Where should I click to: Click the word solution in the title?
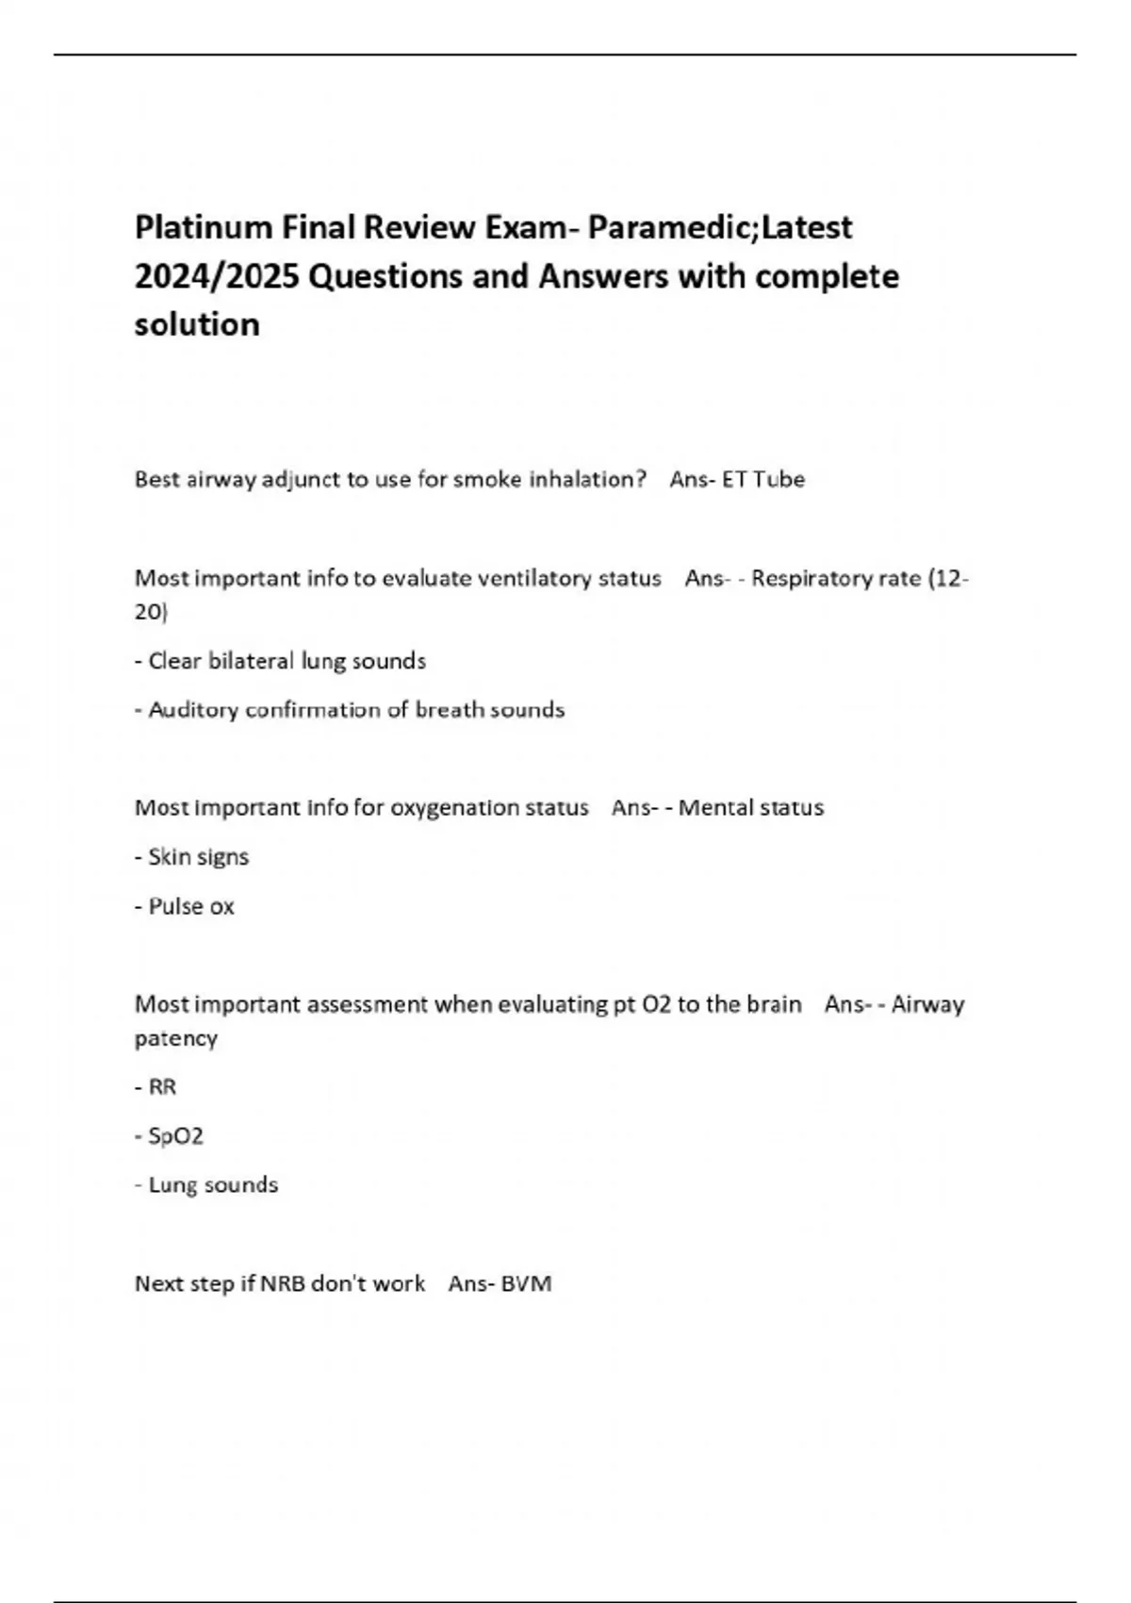[x=197, y=324]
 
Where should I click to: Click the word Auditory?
[x=193, y=710]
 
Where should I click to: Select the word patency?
[x=175, y=1038]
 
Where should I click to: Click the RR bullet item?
[x=162, y=1087]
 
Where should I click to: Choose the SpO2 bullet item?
[x=175, y=1136]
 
